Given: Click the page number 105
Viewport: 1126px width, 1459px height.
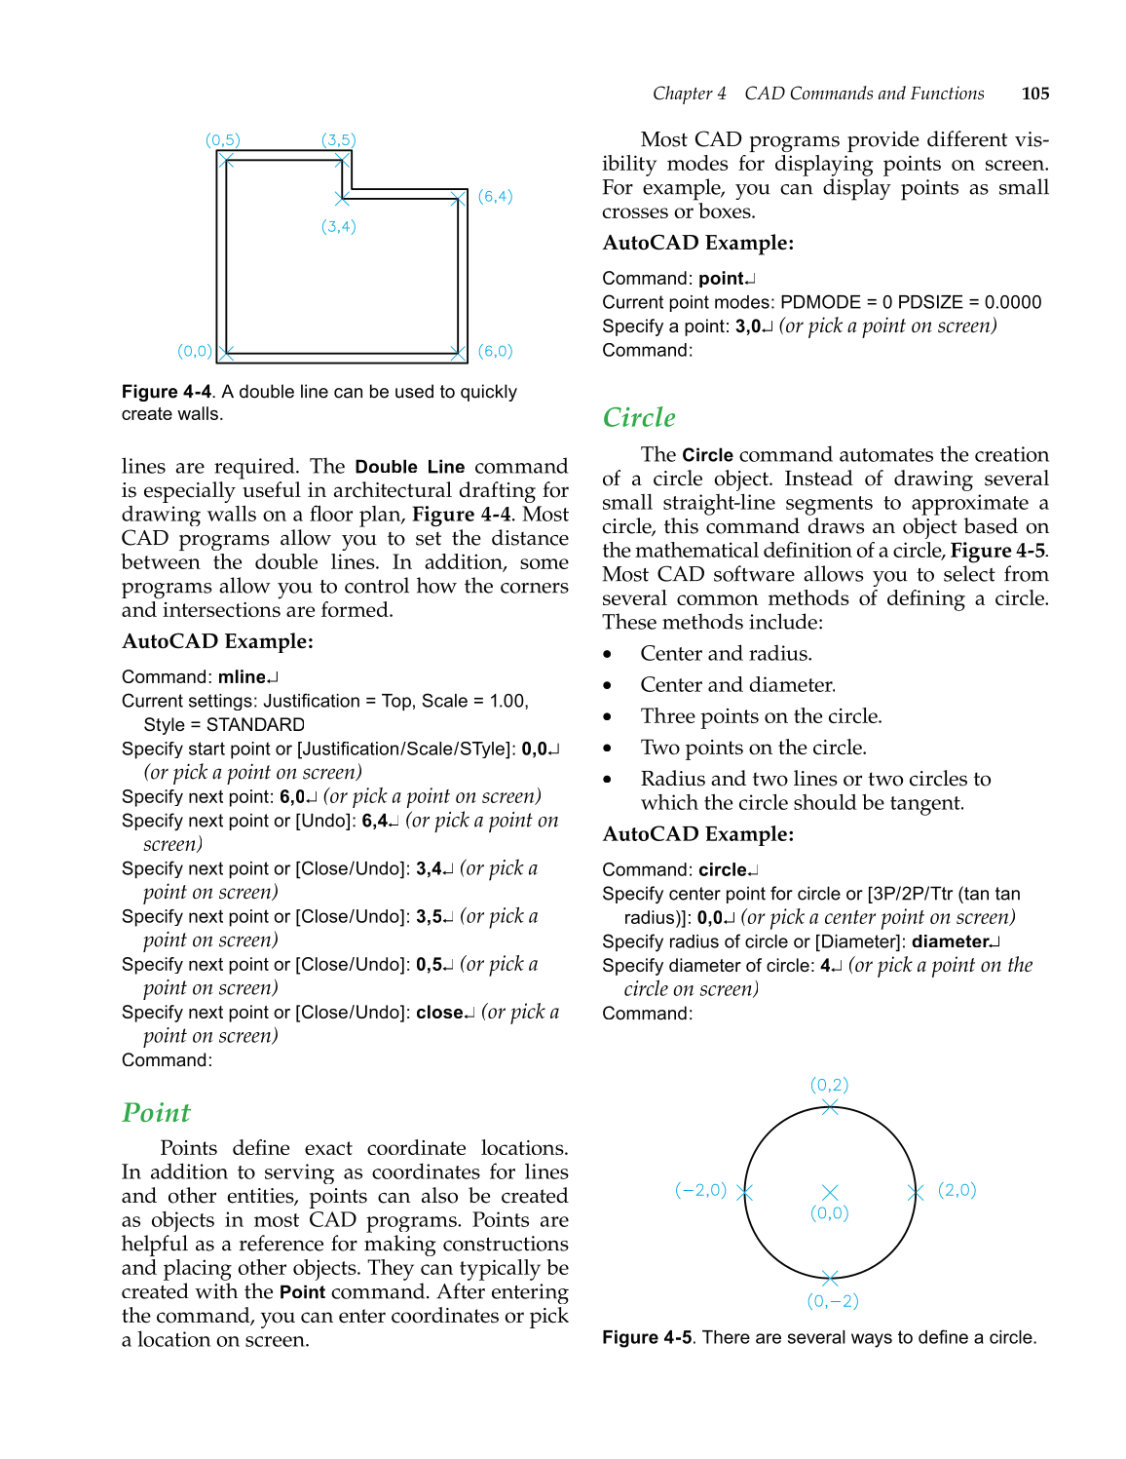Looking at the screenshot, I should coord(1034,94).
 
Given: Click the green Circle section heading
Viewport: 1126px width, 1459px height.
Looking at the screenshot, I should coord(639,418).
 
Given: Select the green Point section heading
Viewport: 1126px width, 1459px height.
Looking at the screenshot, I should coord(156,1113).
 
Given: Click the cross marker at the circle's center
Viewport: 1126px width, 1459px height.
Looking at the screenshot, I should coord(830,1193).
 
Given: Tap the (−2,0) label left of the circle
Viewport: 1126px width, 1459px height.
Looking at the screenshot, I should coord(700,1190).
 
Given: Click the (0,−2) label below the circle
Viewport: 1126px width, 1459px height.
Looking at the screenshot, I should coord(833,1301).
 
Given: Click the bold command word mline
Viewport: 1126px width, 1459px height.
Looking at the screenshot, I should coord(242,677).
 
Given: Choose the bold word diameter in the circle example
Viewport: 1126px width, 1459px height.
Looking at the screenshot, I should coord(950,941).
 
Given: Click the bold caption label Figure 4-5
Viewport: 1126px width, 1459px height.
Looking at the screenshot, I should coord(647,1337).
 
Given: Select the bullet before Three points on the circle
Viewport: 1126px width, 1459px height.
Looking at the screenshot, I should coord(608,717).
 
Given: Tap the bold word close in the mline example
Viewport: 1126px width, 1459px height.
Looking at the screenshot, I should coord(439,1013).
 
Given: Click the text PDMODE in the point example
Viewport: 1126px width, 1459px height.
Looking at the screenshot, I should coord(820,302).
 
